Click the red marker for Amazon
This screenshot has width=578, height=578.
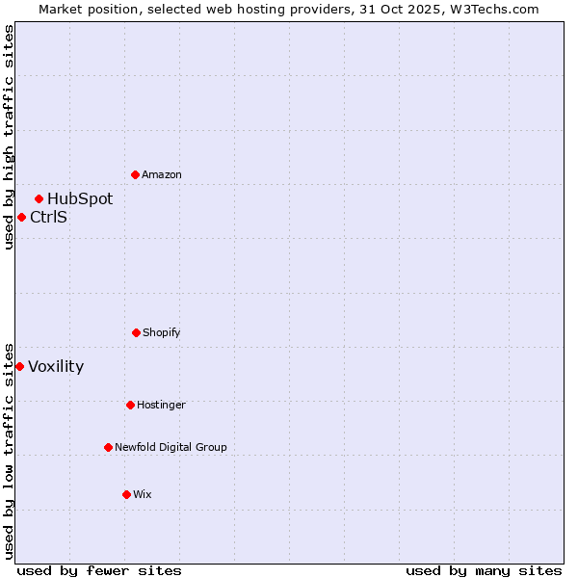pyautogui.click(x=135, y=174)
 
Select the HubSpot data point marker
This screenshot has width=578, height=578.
pyautogui.click(x=39, y=198)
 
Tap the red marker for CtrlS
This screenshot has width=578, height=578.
pyautogui.click(x=21, y=217)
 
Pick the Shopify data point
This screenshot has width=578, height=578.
pyautogui.click(x=136, y=332)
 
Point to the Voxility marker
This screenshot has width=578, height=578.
pyautogui.click(x=19, y=366)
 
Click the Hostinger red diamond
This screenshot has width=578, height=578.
pyautogui.click(x=130, y=405)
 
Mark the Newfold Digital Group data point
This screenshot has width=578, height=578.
pyautogui.click(x=108, y=447)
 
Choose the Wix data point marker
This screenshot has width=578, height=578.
pyautogui.click(x=126, y=494)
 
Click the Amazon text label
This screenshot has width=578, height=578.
pyautogui.click(x=162, y=174)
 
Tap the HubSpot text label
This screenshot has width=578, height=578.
pyautogui.click(x=80, y=198)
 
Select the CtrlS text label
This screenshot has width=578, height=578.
pyautogui.click(x=48, y=217)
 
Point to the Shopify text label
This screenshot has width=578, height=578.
pyautogui.click(x=162, y=332)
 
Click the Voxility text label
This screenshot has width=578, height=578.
pyautogui.click(x=56, y=366)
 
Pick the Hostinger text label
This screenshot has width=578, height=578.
pyautogui.click(x=161, y=405)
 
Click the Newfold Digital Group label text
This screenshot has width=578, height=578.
pyautogui.click(x=171, y=447)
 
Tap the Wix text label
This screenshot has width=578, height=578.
pyautogui.click(x=143, y=494)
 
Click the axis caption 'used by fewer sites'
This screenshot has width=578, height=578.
pyautogui.click(x=99, y=570)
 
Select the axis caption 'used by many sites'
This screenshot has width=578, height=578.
pyautogui.click(x=484, y=570)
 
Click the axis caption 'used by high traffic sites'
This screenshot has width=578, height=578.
pyautogui.click(x=9, y=137)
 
